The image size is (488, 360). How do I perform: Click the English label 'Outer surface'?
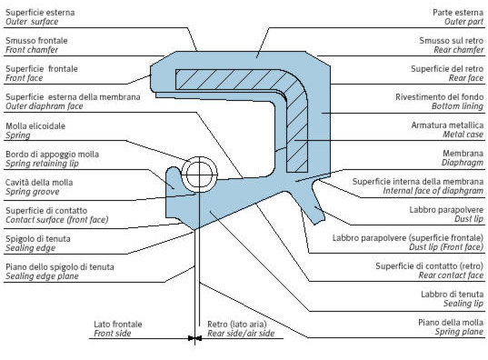[x=32, y=22]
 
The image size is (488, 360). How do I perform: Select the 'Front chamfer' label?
[x=32, y=50]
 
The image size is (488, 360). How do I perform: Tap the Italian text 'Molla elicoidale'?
[x=35, y=125]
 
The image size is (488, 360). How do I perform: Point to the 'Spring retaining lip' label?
[x=42, y=164]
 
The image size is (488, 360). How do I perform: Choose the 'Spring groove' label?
[x=33, y=192]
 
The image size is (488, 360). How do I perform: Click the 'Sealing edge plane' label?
[x=42, y=276]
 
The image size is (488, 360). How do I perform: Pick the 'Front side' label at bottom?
[x=113, y=334]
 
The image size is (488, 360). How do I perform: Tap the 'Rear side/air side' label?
[x=241, y=334]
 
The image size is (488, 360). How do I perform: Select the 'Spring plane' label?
[x=459, y=332]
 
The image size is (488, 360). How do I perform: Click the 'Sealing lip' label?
[x=463, y=304]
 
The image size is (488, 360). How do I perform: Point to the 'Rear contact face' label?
[x=451, y=275]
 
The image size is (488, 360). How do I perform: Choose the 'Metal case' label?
[x=463, y=135]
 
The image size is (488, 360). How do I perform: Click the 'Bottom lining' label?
[x=457, y=106]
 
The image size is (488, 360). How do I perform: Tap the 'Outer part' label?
[x=463, y=22]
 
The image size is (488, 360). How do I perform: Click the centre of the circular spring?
[x=200, y=175]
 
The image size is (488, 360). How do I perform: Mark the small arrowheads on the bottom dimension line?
[x=194, y=338]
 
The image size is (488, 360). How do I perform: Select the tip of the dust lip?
[x=320, y=222]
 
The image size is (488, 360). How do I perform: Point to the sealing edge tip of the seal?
[x=194, y=230]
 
